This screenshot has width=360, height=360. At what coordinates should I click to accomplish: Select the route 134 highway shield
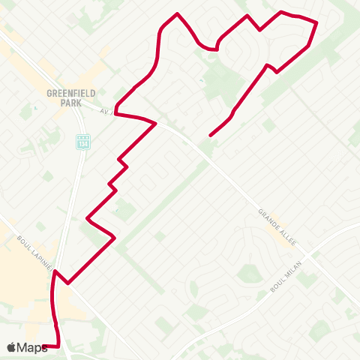click(x=83, y=139)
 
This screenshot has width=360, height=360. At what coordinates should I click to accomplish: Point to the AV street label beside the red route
click(x=106, y=109)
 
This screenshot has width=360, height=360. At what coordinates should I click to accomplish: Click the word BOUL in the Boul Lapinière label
click(x=22, y=241)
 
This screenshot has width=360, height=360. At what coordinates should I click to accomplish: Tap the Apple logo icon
click(x=11, y=347)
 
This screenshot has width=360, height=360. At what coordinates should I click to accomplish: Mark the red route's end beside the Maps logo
click(x=46, y=346)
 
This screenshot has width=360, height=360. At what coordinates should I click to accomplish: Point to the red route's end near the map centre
click(x=211, y=136)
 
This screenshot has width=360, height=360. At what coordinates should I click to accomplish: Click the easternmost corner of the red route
click(x=317, y=23)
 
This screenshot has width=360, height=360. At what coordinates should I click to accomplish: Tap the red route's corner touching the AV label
click(x=115, y=115)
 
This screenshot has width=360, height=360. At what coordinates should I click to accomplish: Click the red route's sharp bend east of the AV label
click(x=154, y=124)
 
